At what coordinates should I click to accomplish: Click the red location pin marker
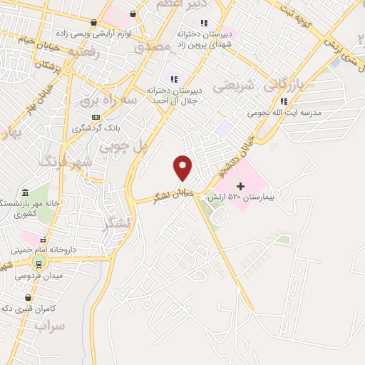coord(182,168)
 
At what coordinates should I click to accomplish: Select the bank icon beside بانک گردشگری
coord(95,118)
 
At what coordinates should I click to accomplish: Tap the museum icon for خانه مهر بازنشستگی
coord(25,194)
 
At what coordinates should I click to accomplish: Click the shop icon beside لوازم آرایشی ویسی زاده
coord(133,14)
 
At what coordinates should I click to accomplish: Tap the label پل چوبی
coord(123,146)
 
